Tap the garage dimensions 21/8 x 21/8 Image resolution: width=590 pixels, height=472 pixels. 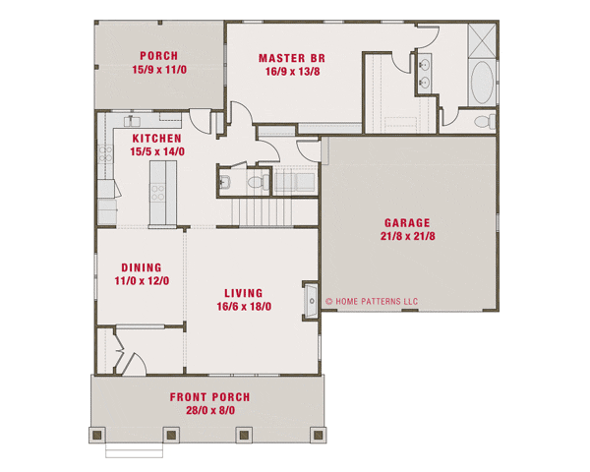point(408,236)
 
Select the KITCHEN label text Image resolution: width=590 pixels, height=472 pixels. point(156,139)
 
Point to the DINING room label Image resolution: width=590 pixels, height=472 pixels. point(141,266)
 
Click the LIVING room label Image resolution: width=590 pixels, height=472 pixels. point(243,292)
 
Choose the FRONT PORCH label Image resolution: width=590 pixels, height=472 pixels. point(208,397)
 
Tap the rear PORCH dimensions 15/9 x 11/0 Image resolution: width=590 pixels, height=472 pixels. point(158,70)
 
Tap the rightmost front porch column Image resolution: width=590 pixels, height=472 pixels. point(316,433)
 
